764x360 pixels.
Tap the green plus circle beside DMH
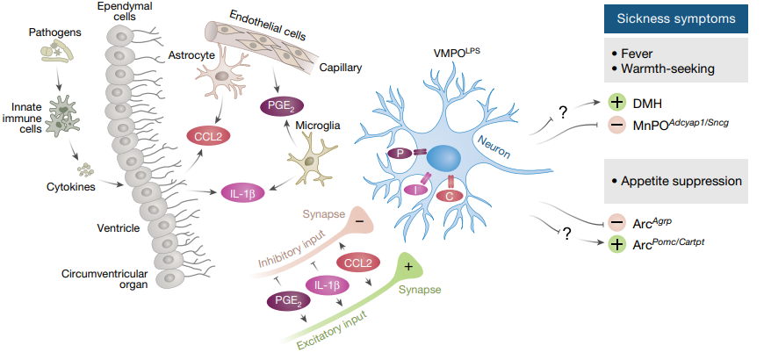click(616, 102)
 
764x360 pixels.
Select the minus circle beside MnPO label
click(616, 125)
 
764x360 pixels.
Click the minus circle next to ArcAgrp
click(616, 223)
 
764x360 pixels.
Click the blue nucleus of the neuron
click(443, 159)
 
